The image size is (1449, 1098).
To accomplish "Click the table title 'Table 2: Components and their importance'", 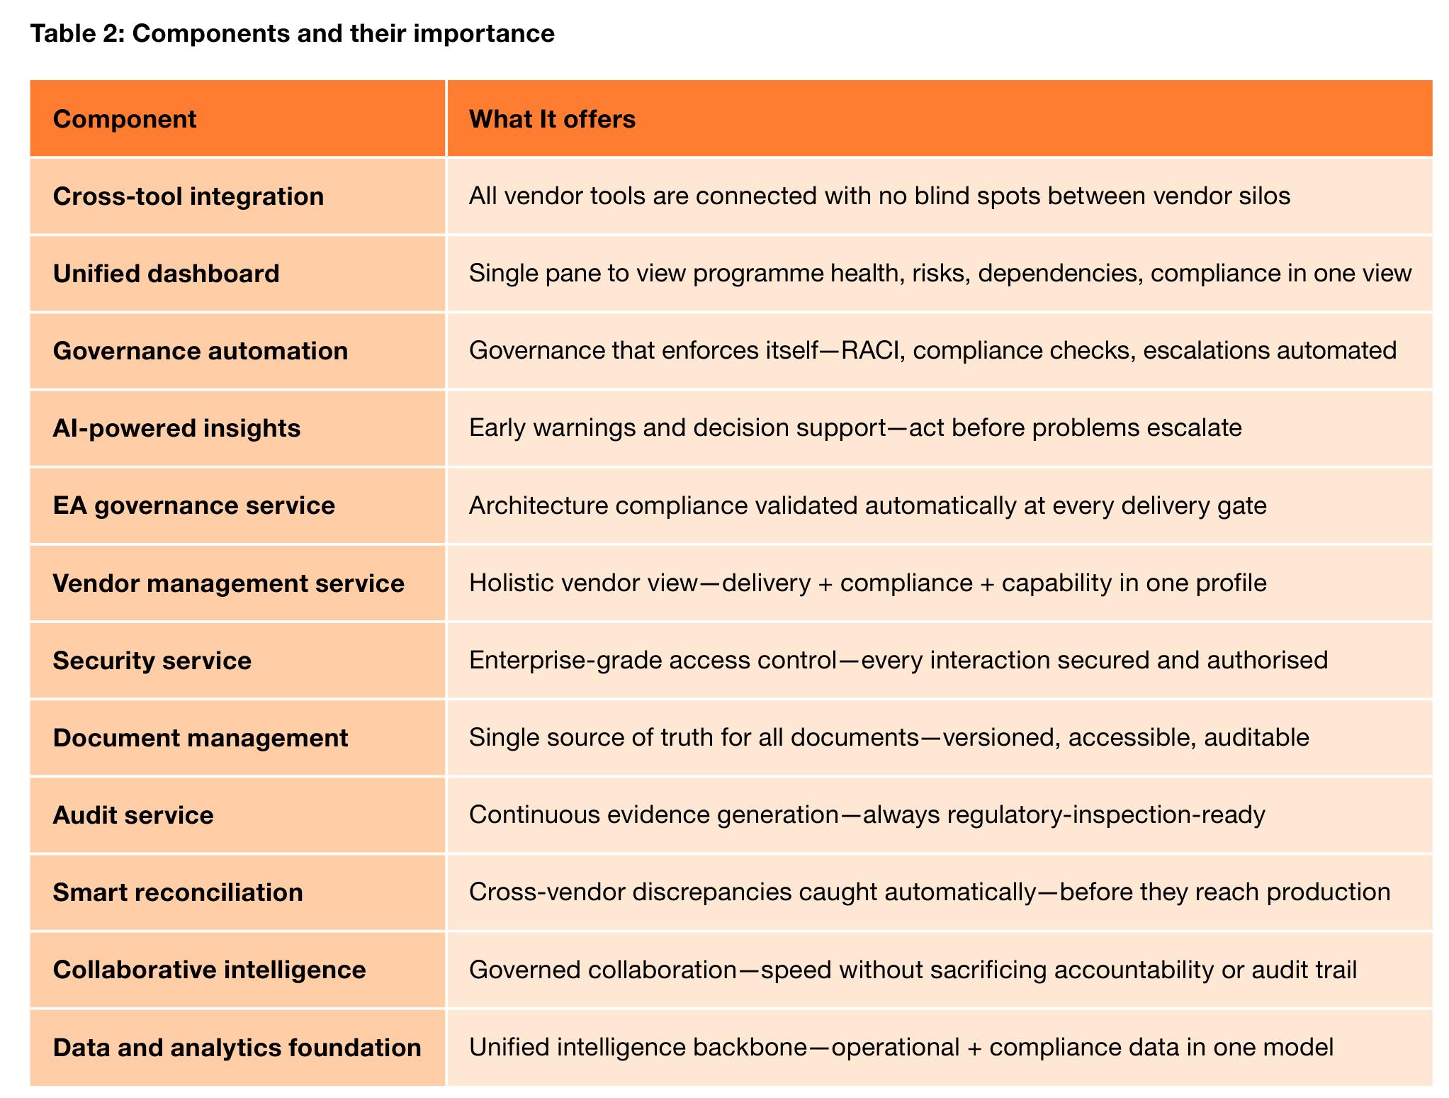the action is tap(292, 33).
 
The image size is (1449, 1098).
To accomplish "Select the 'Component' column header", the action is tap(125, 119).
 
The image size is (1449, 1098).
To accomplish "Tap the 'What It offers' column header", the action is tap(552, 119).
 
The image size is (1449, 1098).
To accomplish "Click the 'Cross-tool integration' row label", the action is tap(188, 196).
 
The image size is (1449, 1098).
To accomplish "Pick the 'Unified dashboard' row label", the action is tap(167, 274).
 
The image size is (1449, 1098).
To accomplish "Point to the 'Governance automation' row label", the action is tap(201, 351).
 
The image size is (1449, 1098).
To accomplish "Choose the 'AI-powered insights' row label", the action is tap(177, 428).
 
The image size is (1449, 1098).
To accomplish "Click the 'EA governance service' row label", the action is tap(194, 505).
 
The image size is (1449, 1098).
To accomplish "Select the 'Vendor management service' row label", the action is tap(229, 583).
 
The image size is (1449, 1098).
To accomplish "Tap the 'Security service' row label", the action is tap(152, 661).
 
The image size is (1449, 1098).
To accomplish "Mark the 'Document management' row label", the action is tap(201, 738).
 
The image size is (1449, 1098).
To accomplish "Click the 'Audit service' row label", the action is tap(133, 815).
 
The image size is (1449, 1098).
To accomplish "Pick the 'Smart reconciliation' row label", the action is tap(178, 892).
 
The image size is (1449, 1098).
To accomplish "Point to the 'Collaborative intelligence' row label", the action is tap(210, 970).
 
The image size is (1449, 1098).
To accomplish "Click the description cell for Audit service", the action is tap(940, 815).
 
